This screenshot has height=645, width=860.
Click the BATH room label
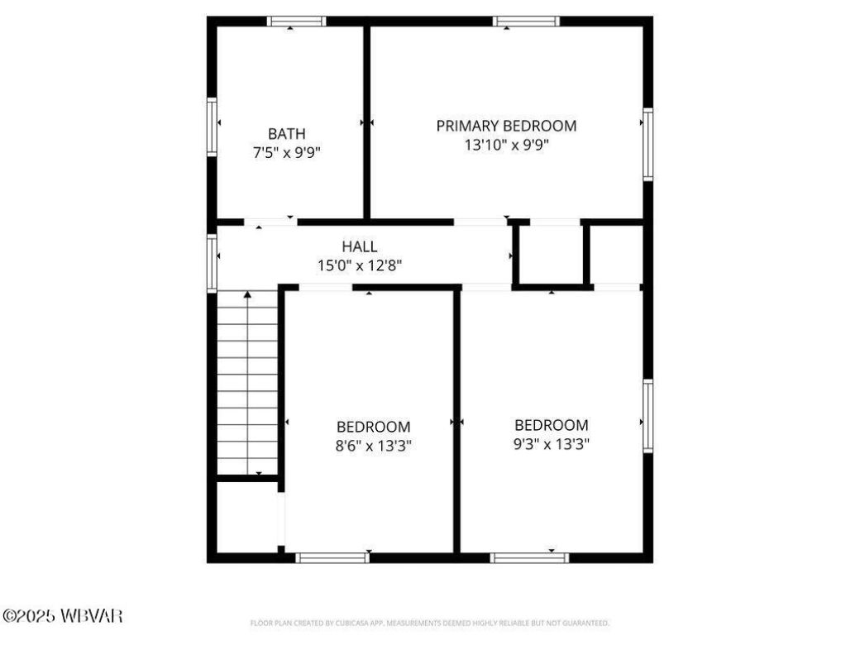(286, 134)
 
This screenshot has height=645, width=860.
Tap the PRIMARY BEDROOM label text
(506, 126)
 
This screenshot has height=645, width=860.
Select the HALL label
(360, 246)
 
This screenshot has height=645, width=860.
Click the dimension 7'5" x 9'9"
(286, 152)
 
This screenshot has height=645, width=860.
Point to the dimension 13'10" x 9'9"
(506, 145)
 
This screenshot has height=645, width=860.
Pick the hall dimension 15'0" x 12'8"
(360, 265)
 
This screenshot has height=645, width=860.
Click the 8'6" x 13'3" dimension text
(373, 446)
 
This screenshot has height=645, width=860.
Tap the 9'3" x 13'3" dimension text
(552, 444)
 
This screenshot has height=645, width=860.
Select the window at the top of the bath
(296, 21)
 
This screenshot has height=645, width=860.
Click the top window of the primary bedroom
(526, 21)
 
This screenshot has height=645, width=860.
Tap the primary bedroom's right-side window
(648, 145)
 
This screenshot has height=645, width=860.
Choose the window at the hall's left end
(212, 263)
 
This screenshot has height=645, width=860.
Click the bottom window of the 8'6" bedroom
(332, 558)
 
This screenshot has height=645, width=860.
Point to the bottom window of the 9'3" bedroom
(529, 558)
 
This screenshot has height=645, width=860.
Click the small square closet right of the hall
(551, 256)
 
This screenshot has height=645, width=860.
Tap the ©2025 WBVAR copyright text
(63, 616)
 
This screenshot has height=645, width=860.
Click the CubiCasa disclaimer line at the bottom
(429, 623)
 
